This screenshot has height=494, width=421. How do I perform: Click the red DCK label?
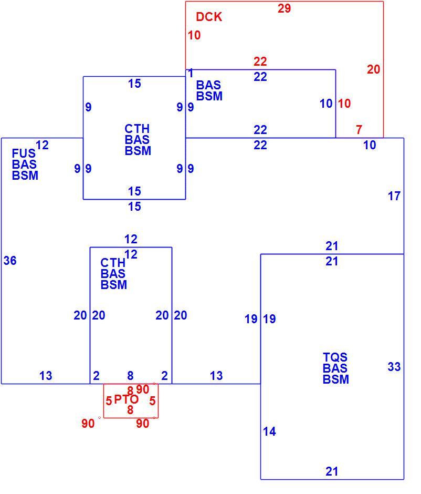209,17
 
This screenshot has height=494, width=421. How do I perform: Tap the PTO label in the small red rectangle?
126,399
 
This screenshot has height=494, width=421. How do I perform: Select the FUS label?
24,153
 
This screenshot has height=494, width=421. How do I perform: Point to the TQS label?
335,357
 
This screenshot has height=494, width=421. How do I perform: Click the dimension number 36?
10,261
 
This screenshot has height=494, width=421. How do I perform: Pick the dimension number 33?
394,367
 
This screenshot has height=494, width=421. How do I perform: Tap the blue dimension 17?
394,196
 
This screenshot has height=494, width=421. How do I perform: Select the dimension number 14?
270,431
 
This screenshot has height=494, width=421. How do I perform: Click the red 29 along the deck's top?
284,8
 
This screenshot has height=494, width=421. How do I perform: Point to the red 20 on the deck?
373,69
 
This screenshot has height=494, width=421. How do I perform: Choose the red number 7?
359,129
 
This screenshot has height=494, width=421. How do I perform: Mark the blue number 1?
191,74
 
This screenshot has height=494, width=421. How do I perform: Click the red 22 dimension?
260,61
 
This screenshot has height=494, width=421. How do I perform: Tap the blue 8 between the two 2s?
130,376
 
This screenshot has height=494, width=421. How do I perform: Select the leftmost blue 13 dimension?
46,376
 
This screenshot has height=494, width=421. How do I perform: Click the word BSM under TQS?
336,379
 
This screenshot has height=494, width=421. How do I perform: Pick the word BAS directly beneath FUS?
24,164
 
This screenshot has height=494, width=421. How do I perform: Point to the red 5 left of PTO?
109,401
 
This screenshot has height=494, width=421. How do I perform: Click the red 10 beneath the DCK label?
194,35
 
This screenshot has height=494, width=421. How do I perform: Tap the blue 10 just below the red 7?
370,145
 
